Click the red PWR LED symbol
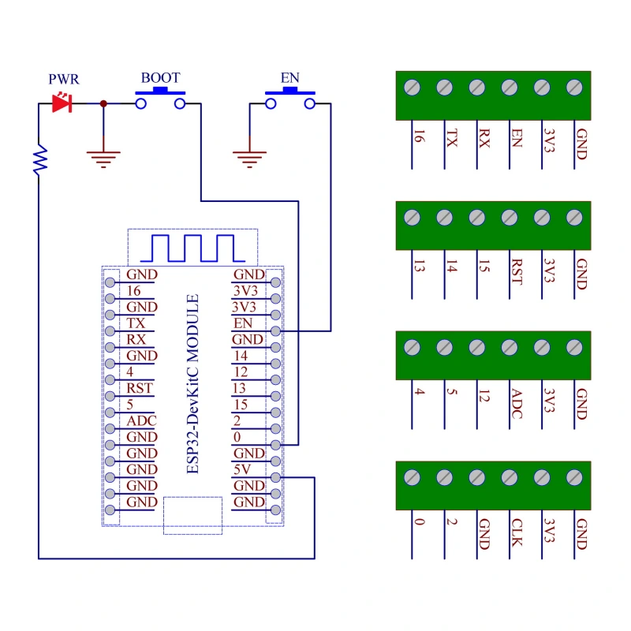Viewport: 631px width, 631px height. pos(62,103)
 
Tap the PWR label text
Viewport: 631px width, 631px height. pos(64,80)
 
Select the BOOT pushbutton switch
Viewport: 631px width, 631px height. pos(160,99)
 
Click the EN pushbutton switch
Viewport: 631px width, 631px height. pos(289,99)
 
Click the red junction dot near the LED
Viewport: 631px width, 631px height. pos(103,103)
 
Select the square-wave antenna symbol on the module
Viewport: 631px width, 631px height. pos(193,248)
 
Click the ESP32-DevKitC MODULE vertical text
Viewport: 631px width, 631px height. pos(192,385)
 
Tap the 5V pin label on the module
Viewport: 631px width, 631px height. pos(241,469)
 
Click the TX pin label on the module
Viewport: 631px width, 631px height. pos(136,323)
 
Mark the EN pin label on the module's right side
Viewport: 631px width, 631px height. pos(241,323)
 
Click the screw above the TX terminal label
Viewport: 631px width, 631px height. pos(443,87)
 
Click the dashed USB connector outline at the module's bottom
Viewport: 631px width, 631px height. pos(192,515)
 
